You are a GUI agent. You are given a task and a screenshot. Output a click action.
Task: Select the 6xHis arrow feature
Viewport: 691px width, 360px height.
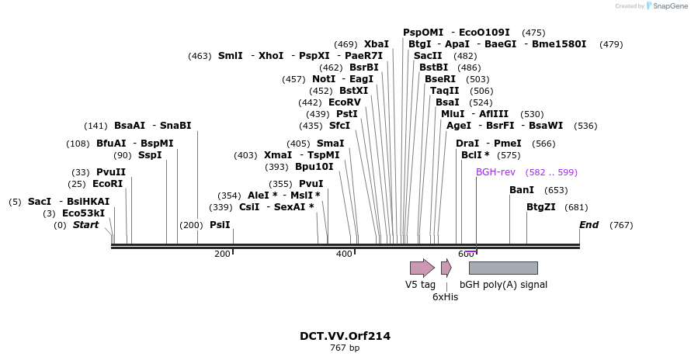(x=446, y=268)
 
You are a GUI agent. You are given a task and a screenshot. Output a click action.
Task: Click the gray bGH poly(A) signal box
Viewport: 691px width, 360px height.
(x=503, y=268)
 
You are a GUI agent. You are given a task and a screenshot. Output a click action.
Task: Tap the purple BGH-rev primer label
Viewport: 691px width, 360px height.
(x=495, y=172)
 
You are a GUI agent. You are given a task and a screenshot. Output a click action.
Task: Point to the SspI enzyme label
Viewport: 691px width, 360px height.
(x=150, y=155)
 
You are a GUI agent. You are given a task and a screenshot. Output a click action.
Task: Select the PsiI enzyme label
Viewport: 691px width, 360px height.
(x=220, y=225)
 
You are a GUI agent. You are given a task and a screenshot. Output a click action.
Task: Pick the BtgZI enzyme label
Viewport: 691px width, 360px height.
(x=541, y=207)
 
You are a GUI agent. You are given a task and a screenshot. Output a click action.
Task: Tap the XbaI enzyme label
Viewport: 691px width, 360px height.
(x=376, y=44)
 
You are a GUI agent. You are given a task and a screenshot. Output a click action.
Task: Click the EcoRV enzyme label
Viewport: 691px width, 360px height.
(x=345, y=102)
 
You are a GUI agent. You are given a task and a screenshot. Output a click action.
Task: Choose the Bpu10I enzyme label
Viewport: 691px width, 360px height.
(x=314, y=167)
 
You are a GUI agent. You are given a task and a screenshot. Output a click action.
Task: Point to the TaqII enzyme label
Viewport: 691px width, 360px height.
(x=445, y=91)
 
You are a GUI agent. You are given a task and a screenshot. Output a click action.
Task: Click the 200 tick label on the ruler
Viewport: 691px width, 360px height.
(x=222, y=254)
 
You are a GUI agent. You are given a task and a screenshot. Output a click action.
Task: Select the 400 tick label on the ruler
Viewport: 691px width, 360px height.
(x=344, y=254)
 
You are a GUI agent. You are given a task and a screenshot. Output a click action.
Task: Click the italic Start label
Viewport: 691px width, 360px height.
(x=86, y=225)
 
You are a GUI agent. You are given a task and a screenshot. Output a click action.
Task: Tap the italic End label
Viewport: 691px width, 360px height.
(x=589, y=225)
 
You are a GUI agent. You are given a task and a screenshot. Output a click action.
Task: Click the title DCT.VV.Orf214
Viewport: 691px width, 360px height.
(x=345, y=336)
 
